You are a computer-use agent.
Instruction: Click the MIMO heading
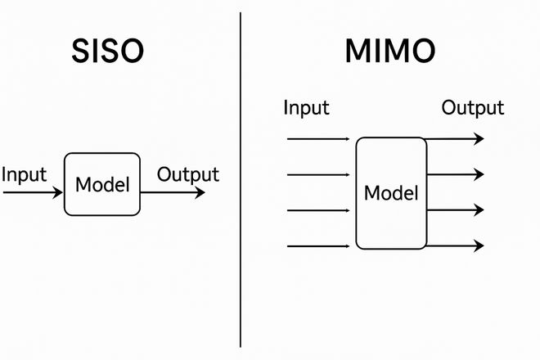point(390,52)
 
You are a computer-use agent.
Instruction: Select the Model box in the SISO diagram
point(102,184)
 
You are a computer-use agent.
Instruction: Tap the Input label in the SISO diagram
point(25,174)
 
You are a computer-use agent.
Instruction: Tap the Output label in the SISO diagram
point(188,174)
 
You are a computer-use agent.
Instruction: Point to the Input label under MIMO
point(306,107)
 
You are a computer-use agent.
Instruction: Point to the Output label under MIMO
point(473,107)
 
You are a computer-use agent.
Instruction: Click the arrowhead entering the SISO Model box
point(58,193)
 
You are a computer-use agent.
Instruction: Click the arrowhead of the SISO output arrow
point(200,193)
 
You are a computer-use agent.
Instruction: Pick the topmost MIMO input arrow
point(319,139)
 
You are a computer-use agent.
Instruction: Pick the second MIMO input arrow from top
point(319,174)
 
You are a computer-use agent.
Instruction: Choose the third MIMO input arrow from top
point(319,210)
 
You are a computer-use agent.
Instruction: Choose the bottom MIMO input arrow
point(319,245)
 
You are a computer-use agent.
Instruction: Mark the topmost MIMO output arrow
point(455,139)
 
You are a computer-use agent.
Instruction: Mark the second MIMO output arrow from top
point(455,174)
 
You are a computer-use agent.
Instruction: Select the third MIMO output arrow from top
point(455,210)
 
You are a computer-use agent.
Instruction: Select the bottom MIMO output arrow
point(455,245)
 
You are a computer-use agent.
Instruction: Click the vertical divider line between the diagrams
point(241,180)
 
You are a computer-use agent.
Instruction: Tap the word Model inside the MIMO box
point(390,194)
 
